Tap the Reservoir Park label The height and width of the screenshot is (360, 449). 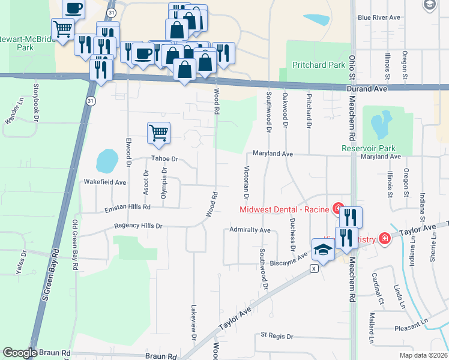coord(369,148)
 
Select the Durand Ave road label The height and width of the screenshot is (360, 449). coord(366,89)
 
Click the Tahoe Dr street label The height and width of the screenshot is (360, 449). coord(165,159)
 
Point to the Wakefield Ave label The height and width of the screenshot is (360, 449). coord(105,182)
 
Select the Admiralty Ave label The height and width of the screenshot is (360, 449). coord(250,230)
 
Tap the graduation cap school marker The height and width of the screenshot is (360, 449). coord(323,249)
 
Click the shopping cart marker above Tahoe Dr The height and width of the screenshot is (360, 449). coord(158,133)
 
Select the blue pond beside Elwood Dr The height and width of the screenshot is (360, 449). coord(107,160)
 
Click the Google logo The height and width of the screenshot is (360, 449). coord(20,353)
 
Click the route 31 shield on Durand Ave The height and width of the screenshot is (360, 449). coord(90,102)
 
